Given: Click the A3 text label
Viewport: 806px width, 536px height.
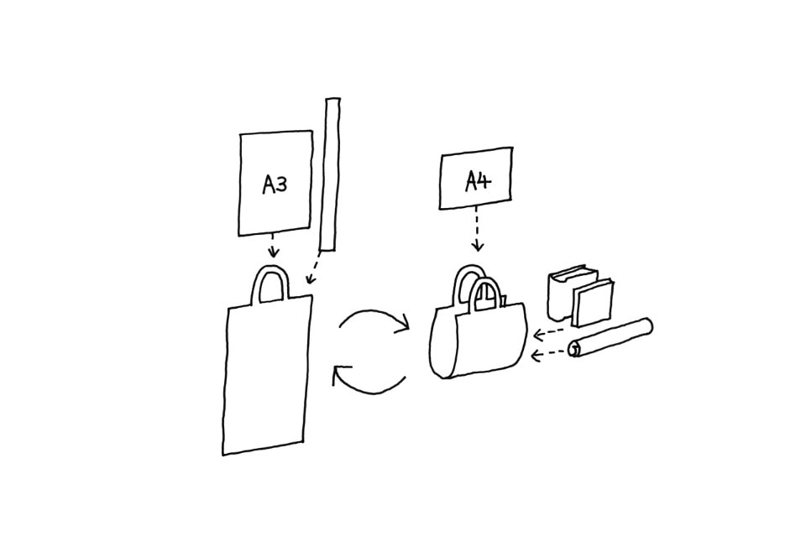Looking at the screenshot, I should pyautogui.click(x=275, y=185).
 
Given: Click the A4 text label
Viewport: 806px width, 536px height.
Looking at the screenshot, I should pyautogui.click(x=478, y=180).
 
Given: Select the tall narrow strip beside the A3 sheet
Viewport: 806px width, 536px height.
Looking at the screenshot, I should pyautogui.click(x=330, y=174).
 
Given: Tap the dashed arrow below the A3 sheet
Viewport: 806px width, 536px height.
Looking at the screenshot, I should pyautogui.click(x=272, y=247).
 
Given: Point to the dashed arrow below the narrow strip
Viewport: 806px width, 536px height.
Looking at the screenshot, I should pyautogui.click(x=313, y=270).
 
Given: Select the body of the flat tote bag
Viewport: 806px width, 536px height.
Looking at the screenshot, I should pyautogui.click(x=266, y=377).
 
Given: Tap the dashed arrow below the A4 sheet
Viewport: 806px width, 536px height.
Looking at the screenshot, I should pyautogui.click(x=477, y=228).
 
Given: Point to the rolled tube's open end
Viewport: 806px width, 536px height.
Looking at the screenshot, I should pyautogui.click(x=575, y=348).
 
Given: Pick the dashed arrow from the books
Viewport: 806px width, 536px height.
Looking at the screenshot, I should pyautogui.click(x=550, y=333).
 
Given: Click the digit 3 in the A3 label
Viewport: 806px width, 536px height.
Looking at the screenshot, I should pyautogui.click(x=281, y=185).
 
